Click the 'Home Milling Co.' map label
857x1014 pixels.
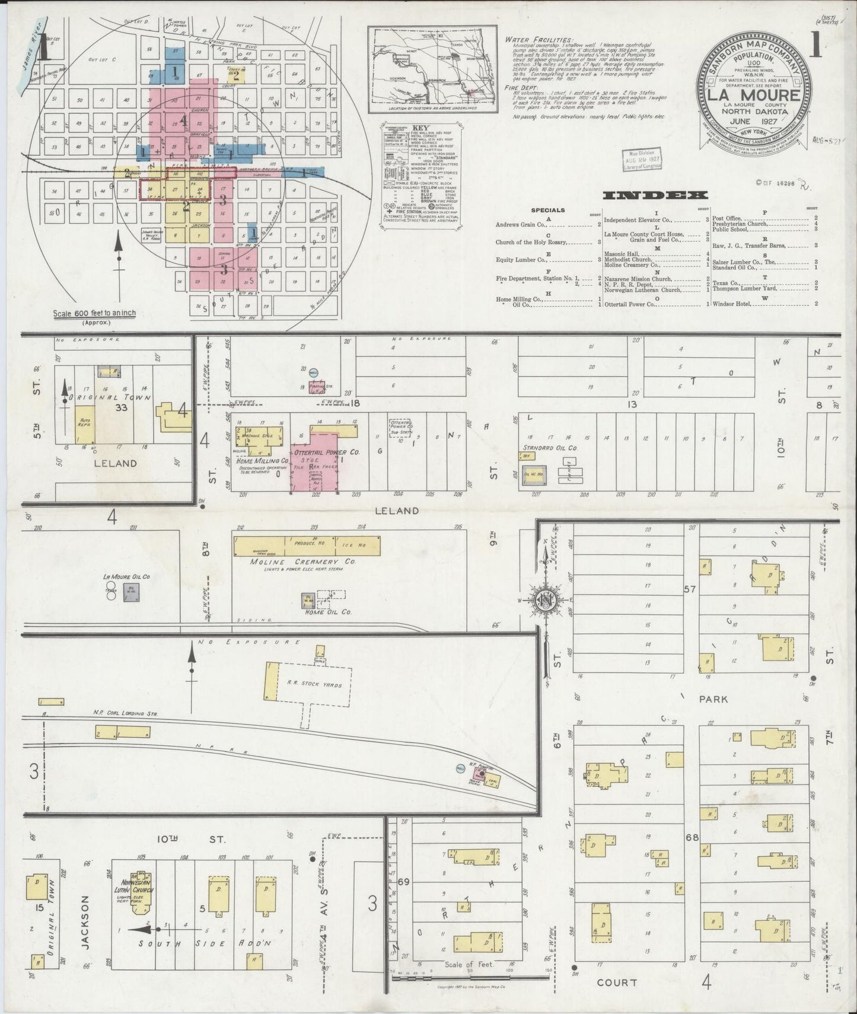coord(263,460)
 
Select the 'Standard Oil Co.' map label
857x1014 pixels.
coord(550,448)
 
